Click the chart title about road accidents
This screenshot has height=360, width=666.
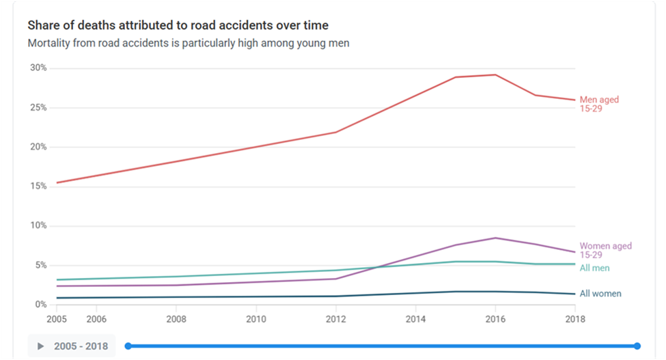178,26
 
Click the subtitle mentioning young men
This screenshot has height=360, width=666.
189,44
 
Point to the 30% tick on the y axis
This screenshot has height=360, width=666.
38,68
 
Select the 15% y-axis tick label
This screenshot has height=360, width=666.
38,186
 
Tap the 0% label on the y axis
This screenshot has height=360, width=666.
40,305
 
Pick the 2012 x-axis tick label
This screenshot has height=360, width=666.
336,318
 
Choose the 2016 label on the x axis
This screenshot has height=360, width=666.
495,318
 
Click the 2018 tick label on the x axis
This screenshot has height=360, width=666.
574,318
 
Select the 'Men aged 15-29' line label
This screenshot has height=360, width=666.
599,105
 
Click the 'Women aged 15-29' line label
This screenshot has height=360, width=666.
605,250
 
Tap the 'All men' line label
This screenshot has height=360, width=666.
594,268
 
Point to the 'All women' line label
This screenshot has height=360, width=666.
600,294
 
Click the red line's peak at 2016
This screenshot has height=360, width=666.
495,74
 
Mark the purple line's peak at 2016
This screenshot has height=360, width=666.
495,238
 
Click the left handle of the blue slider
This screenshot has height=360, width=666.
128,346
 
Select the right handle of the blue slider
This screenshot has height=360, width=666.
637,346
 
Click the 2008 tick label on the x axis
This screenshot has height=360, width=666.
176,318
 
